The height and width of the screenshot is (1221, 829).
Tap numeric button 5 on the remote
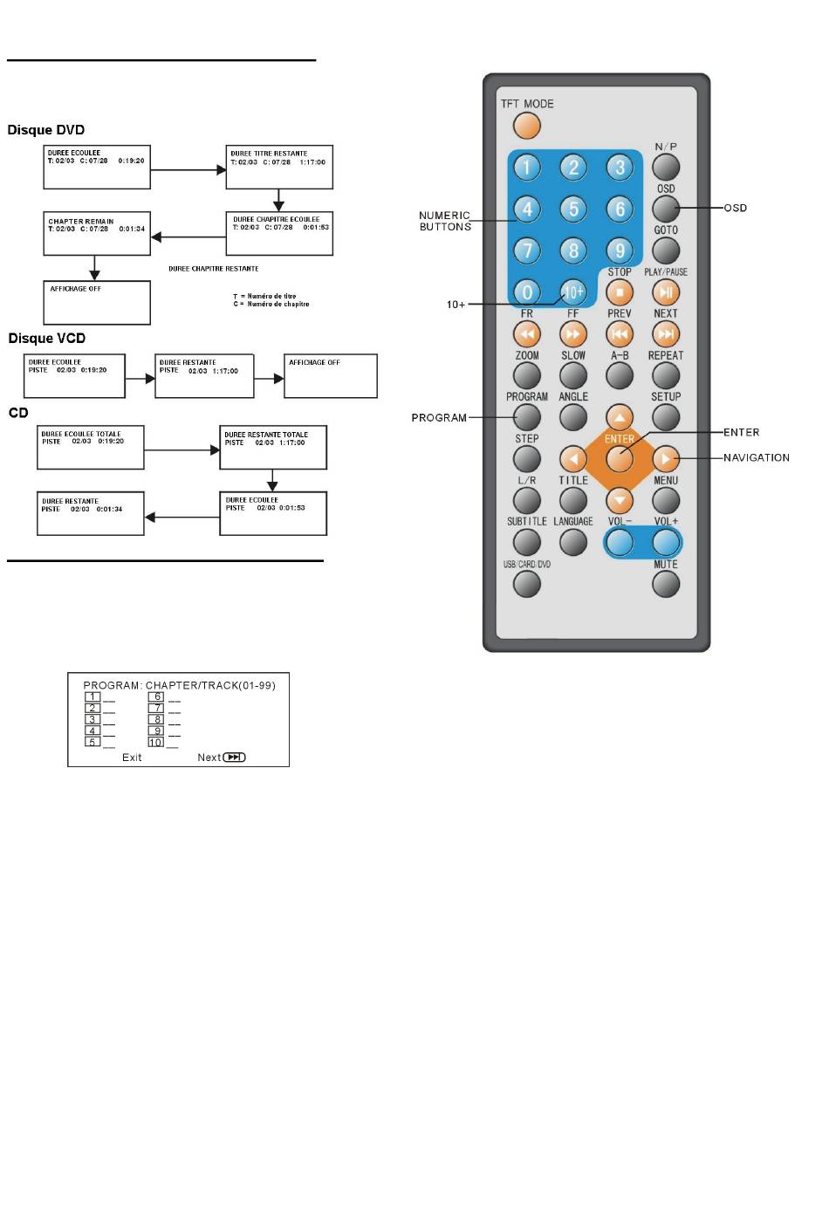(x=573, y=209)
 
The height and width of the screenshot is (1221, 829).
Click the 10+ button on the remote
(x=573, y=292)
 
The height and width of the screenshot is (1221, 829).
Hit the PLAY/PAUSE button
(x=666, y=292)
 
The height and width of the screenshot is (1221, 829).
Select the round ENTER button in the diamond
(x=620, y=458)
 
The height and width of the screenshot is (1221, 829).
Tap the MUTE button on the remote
(x=666, y=584)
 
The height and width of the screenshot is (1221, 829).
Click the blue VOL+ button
(x=666, y=543)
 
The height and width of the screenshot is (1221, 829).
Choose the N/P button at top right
(x=666, y=167)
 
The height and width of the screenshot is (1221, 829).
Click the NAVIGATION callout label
(x=756, y=457)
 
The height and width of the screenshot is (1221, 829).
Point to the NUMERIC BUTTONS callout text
(x=445, y=221)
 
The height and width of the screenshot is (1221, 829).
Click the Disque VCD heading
(x=47, y=339)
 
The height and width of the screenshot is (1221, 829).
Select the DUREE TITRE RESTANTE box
(x=279, y=167)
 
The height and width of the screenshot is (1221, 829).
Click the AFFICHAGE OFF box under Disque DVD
(x=97, y=302)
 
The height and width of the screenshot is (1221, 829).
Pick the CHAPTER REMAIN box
(x=97, y=233)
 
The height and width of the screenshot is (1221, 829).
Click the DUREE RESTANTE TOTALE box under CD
(x=273, y=447)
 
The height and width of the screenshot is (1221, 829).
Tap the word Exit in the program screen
(x=132, y=758)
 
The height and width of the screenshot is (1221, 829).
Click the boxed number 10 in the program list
(x=155, y=743)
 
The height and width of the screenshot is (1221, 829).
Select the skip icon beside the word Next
(x=235, y=758)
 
